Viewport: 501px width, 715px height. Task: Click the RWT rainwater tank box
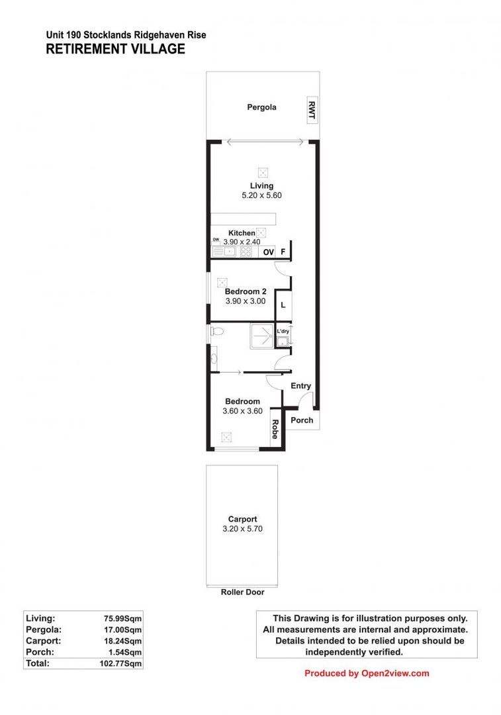[x=311, y=110]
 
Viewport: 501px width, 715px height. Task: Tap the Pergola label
[x=261, y=107]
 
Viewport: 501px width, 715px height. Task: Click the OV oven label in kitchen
[x=268, y=252]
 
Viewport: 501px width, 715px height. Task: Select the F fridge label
[x=283, y=252]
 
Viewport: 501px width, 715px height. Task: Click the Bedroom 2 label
[x=245, y=291]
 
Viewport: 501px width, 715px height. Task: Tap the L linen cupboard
[x=283, y=305]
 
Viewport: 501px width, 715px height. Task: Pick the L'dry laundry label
[x=283, y=331]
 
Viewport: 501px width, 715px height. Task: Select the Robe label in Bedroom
[x=274, y=431]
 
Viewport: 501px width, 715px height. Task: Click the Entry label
[x=300, y=386]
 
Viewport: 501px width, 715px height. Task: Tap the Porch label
[x=302, y=420]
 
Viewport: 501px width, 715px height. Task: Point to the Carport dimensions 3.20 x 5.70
[x=242, y=529]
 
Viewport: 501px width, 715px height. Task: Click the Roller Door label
[x=242, y=593]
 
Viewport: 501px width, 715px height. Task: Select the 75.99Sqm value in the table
[x=123, y=618]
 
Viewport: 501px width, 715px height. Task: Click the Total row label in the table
[x=38, y=662]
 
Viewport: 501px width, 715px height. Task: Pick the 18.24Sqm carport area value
[x=123, y=640]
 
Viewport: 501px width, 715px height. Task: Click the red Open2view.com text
[x=395, y=673]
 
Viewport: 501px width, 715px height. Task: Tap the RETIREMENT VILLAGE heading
[x=116, y=49]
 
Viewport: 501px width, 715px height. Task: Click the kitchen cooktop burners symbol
[x=246, y=252]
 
